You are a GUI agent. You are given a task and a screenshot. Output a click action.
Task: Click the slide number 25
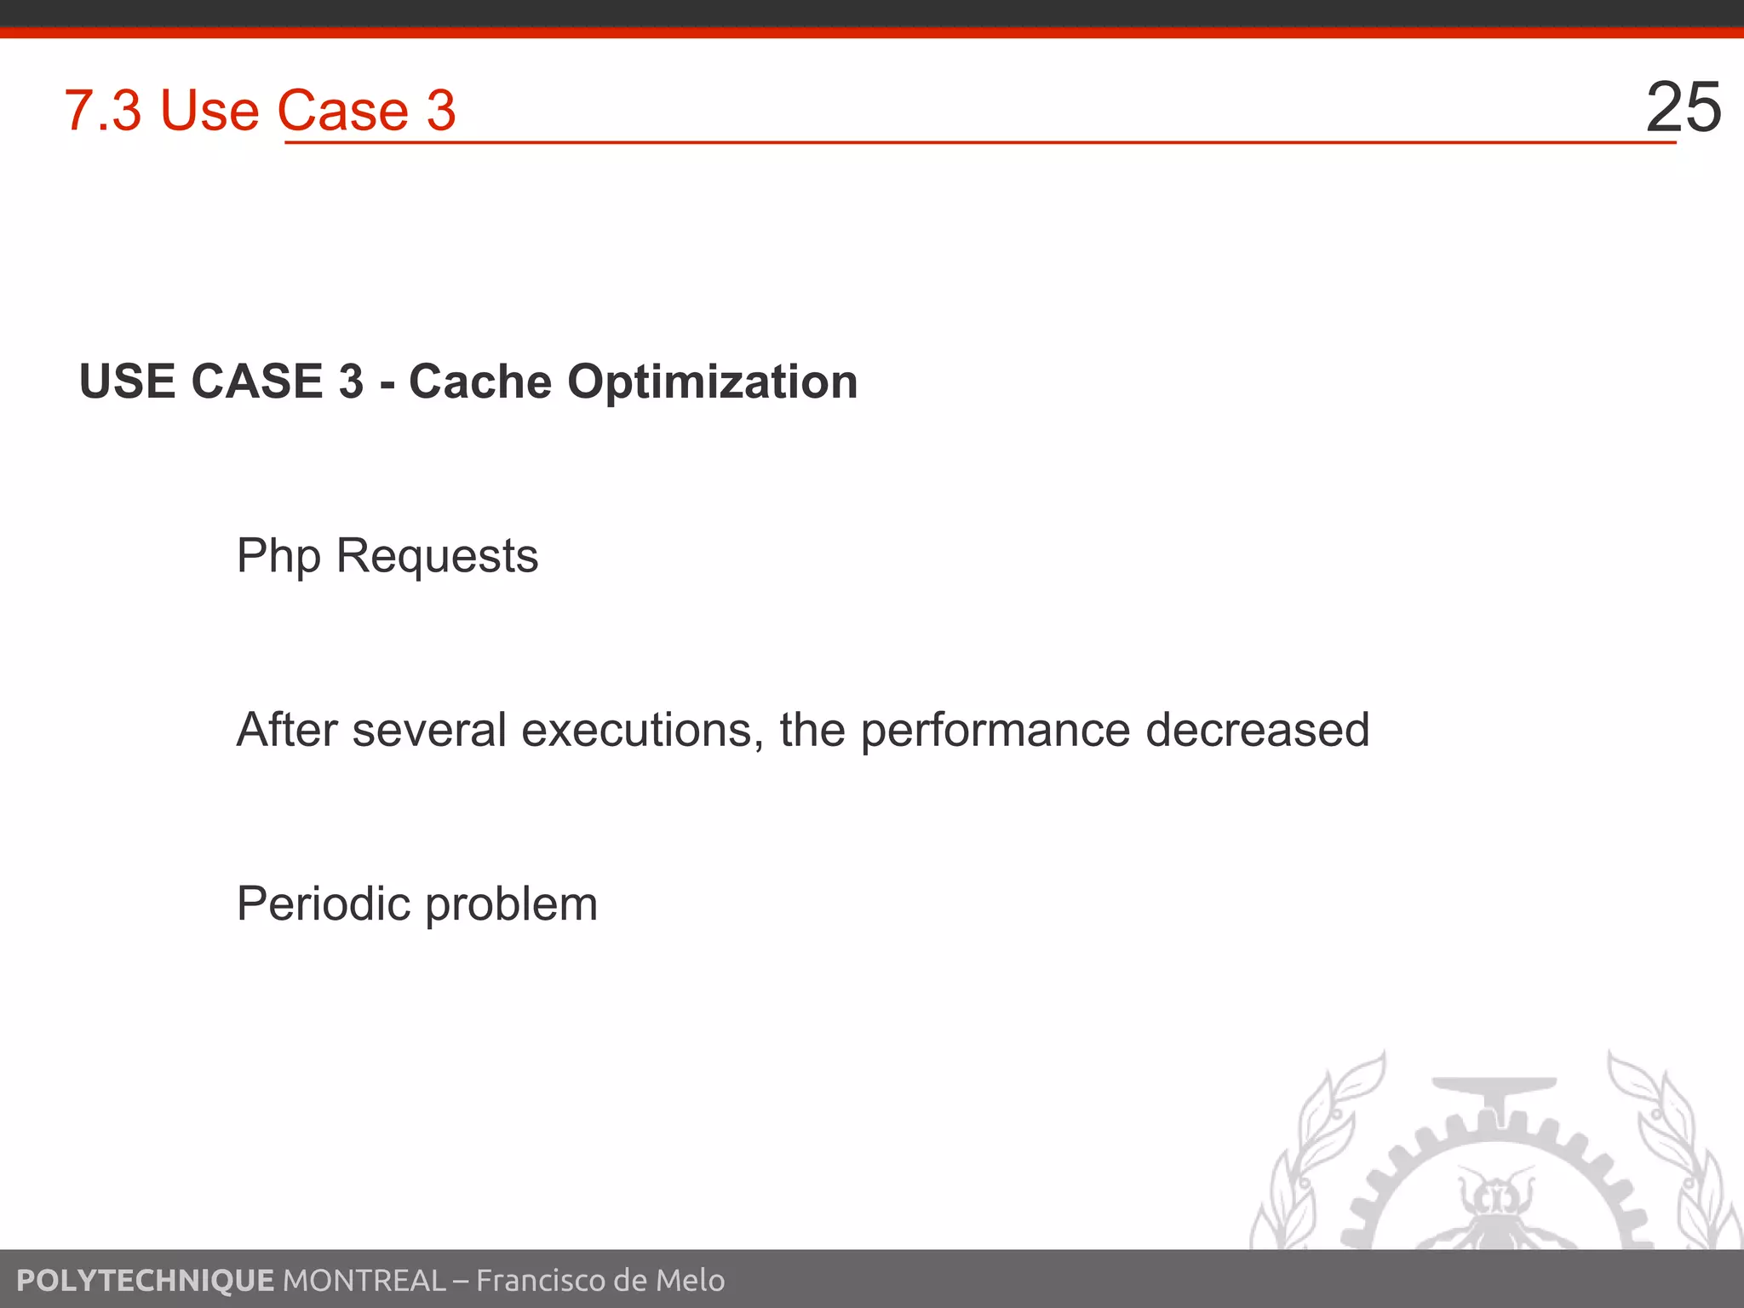[x=1684, y=107]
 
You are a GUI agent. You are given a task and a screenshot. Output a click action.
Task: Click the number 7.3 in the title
[x=102, y=111]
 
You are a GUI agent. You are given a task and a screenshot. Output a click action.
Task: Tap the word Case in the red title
[x=343, y=111]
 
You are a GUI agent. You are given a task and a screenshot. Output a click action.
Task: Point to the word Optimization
[x=713, y=382]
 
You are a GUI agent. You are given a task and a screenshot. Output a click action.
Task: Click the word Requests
[x=438, y=557]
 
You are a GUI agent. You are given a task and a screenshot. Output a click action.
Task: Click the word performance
[x=995, y=731]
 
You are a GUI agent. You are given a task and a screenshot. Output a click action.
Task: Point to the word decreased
[x=1258, y=730]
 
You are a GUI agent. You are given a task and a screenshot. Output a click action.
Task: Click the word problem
[x=511, y=905]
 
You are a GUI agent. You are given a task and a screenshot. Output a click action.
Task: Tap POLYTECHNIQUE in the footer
[x=145, y=1280]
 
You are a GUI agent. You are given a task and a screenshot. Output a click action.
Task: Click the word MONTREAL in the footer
[x=364, y=1280]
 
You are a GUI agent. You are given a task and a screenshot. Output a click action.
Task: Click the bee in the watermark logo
[x=1496, y=1209]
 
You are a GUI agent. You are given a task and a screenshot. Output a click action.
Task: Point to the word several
[x=429, y=731]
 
